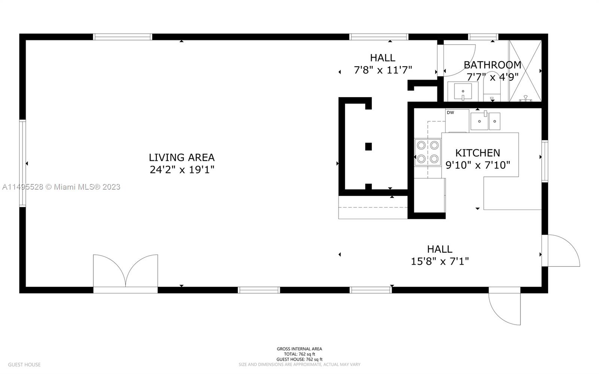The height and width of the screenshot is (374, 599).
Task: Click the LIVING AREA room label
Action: [182, 157]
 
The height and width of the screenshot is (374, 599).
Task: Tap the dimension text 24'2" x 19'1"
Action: [182, 170]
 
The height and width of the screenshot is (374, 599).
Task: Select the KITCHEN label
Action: [477, 153]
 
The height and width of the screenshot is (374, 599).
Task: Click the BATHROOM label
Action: [492, 65]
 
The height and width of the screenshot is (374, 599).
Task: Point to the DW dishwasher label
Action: [450, 112]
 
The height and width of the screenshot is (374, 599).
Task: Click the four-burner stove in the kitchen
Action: [428, 152]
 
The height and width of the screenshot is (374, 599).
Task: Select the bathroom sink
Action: [463, 92]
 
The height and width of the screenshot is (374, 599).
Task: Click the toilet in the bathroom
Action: [492, 90]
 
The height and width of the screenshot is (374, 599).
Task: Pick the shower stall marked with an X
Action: [525, 71]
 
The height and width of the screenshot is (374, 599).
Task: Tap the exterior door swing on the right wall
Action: [562, 250]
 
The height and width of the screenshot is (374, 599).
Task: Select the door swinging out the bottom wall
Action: [504, 307]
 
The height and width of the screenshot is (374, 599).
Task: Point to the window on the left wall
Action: [22, 163]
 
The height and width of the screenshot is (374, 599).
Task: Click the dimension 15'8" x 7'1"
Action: [440, 261]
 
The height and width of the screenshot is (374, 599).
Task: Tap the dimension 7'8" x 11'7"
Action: [383, 70]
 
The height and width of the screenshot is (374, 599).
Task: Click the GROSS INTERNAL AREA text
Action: [299, 349]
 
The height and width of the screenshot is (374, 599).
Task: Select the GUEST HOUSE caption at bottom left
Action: [24, 365]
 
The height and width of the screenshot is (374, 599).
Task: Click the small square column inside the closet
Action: [368, 147]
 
